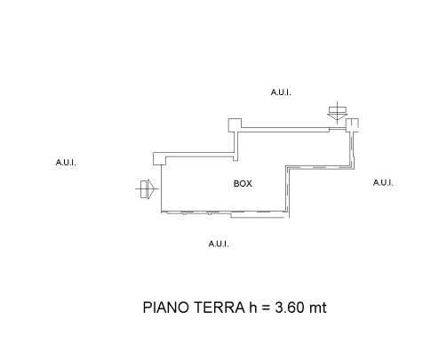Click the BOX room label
[243, 184]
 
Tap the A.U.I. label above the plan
[281, 92]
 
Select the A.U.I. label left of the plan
[66, 163]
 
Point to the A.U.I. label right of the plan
[383, 183]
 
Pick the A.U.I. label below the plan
[219, 244]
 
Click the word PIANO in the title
[166, 308]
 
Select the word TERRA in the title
[219, 308]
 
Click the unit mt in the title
[318, 308]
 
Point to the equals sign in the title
[266, 308]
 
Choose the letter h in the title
[252, 308]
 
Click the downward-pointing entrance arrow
[338, 113]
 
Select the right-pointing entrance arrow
[147, 188]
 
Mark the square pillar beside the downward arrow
[352, 124]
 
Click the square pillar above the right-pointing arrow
[160, 158]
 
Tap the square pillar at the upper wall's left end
[235, 125]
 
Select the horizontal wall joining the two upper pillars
[285, 129]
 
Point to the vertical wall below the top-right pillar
[353, 149]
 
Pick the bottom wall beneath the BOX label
[224, 212]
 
